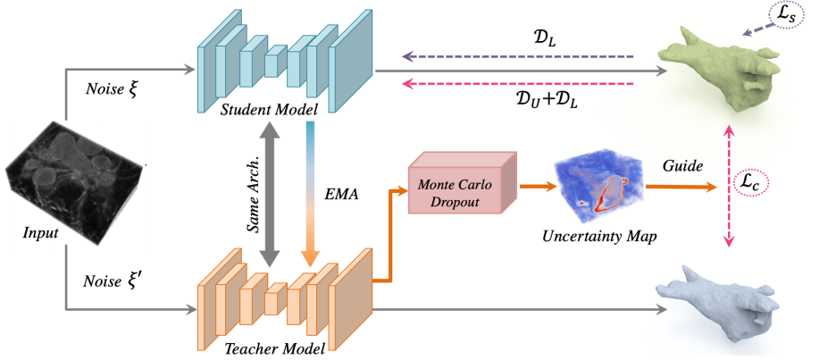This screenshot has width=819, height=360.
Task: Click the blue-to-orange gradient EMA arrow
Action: click(x=308, y=192)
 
